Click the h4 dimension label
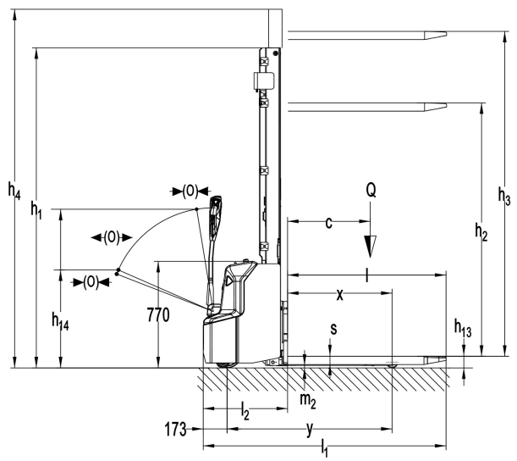tap(14, 192)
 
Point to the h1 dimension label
tap(36, 212)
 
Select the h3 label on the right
tap(503, 200)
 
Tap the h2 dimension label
tap(481, 230)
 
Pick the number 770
tap(158, 315)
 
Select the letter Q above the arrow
tap(370, 192)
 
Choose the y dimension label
tap(311, 430)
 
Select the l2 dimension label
tap(245, 414)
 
